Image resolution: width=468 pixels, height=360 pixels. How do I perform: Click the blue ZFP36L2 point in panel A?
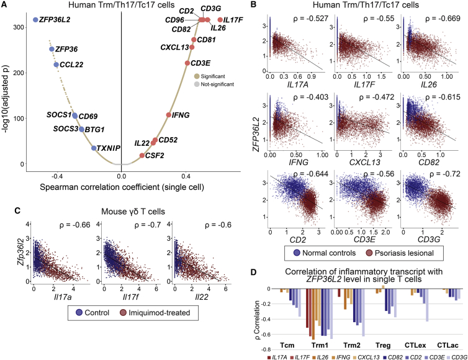(x=35, y=20)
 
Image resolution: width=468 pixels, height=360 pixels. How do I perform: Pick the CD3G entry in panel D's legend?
(x=454, y=356)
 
